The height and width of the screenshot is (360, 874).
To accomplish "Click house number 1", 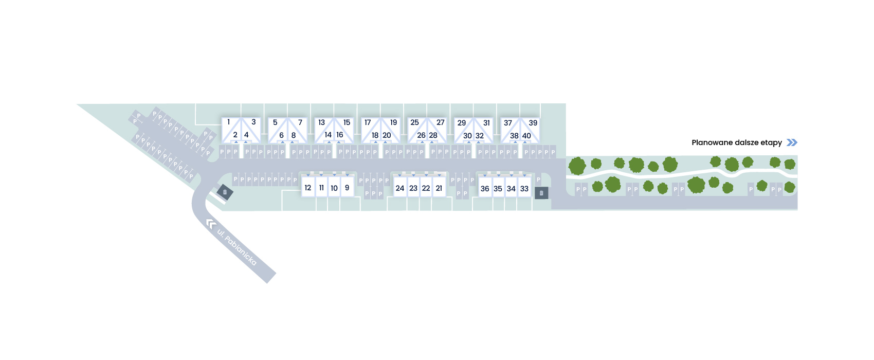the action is [229, 122].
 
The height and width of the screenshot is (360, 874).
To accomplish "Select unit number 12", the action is [308, 188].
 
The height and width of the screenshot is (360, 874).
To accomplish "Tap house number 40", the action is [526, 136].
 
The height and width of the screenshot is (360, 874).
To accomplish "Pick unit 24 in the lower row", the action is [400, 188].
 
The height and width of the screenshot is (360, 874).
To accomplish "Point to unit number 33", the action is [524, 189].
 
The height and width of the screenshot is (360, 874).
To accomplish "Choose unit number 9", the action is [347, 188].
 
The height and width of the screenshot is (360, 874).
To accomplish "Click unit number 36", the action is [485, 189].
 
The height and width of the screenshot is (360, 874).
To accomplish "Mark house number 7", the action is [300, 122].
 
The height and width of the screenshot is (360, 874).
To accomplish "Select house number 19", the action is [394, 122].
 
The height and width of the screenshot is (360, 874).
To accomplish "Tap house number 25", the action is [414, 122].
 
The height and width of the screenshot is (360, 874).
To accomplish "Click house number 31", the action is [486, 123].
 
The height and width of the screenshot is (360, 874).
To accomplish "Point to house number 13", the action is [321, 122].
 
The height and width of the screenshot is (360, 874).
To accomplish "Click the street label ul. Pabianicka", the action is [237, 247].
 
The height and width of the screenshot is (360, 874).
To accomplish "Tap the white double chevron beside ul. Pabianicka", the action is [211, 224].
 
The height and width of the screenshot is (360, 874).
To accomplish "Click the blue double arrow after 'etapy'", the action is [792, 142].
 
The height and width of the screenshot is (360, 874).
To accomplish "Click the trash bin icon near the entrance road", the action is [225, 192].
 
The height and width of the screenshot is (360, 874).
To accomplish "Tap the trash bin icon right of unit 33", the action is [541, 193].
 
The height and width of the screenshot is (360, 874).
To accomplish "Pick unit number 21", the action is [439, 188].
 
